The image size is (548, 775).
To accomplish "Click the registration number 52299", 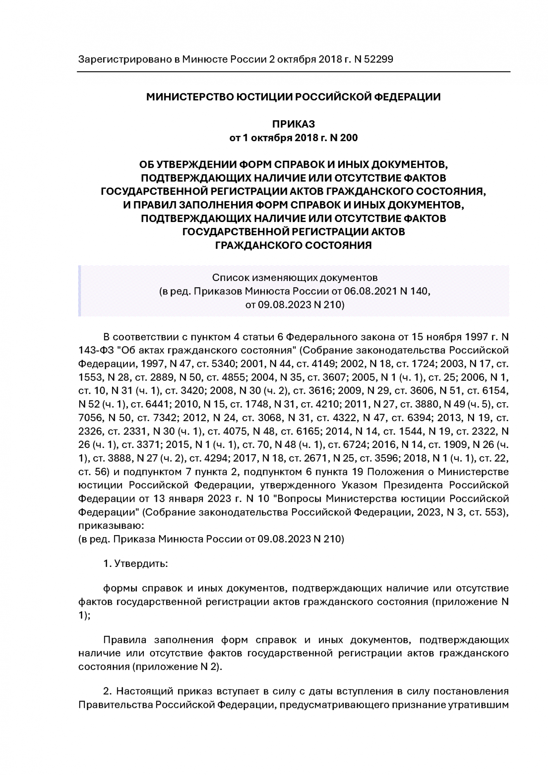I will click(x=379, y=59).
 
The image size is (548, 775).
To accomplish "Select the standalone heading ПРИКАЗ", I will click(x=293, y=124).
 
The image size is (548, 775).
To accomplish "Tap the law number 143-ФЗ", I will click(x=97, y=350).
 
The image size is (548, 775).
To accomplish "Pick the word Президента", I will click(x=418, y=485).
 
